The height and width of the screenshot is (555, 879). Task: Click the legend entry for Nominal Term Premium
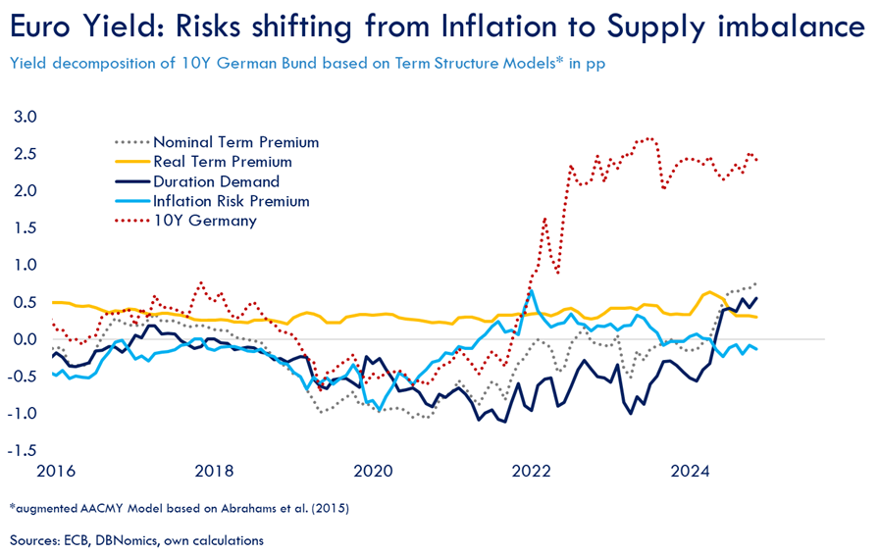click(235, 142)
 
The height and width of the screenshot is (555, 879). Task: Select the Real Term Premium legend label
click(223, 162)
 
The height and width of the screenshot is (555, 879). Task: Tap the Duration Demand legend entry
click(216, 181)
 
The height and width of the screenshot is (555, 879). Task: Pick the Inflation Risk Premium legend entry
click(231, 201)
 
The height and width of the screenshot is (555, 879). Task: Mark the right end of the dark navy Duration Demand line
click(755, 298)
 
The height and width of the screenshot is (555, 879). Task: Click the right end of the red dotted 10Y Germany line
click(755, 159)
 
